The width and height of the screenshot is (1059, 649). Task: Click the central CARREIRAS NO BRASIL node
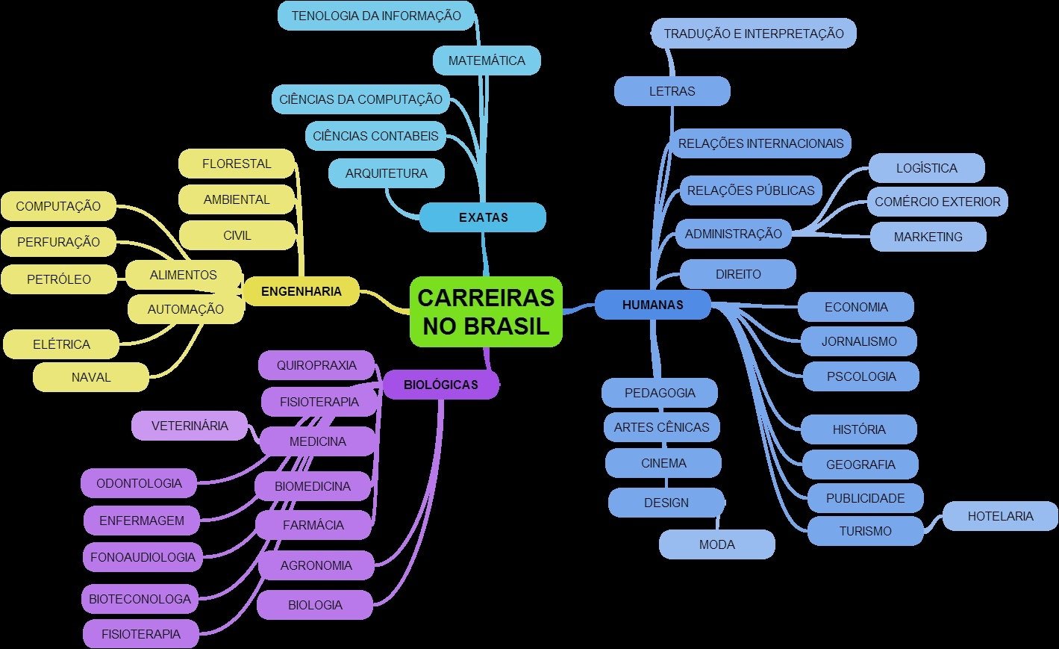pos(486,312)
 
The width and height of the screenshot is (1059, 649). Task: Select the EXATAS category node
pos(483,217)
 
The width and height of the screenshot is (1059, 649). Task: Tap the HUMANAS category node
pos(652,305)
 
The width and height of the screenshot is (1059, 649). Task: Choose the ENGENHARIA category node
pos(301,291)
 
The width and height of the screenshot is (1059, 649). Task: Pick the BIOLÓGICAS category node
pos(440,385)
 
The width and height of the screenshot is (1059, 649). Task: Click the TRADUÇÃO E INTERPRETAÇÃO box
pos(754,34)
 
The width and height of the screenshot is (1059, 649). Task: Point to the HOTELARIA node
pos(1000,516)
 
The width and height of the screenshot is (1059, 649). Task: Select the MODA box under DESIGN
pos(716,544)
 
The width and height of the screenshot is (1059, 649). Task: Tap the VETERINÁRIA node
pos(190,426)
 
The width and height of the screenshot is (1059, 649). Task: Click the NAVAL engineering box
pos(91,377)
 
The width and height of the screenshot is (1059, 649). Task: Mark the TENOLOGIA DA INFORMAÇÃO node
pos(376,16)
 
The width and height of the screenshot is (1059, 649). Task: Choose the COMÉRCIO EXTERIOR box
pos(937,202)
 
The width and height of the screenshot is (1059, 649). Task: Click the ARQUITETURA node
pos(386,173)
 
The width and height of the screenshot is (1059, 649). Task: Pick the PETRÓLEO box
pos(59,279)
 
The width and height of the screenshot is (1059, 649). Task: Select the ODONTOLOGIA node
pos(140,483)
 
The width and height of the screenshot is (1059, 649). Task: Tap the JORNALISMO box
pos(859,341)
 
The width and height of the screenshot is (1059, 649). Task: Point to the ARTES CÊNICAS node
pos(661,427)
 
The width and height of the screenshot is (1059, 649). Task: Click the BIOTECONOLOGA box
pos(140,598)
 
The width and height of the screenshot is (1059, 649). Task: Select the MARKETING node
pos(928,237)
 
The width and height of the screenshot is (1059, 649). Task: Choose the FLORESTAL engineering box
pos(237,164)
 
